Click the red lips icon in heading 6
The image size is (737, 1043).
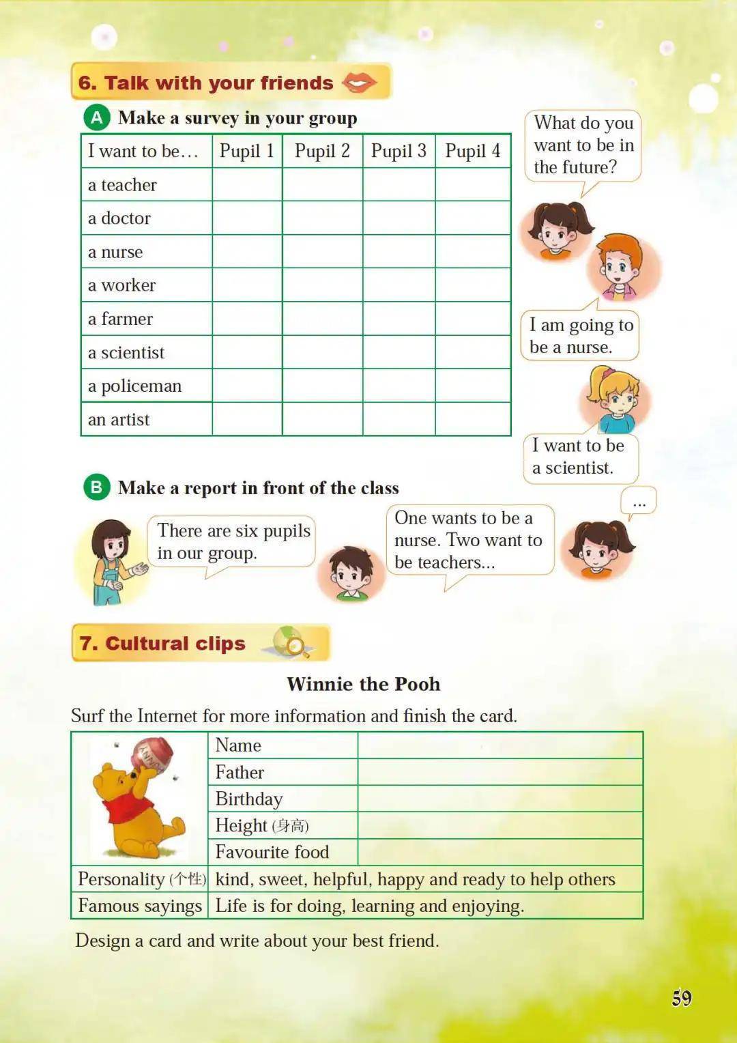[x=359, y=83]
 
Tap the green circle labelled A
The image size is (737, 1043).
[x=97, y=118]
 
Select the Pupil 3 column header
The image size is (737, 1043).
[x=399, y=151]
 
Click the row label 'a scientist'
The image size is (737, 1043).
[x=126, y=352]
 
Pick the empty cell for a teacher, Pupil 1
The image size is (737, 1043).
[x=247, y=184]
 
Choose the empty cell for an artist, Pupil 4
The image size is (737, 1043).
[x=473, y=419]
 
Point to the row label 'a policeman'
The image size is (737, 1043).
[x=134, y=386]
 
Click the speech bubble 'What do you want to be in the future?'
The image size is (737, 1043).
[x=583, y=145]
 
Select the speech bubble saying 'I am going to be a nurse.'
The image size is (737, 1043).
[x=581, y=336]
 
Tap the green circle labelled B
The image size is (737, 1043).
[x=97, y=487]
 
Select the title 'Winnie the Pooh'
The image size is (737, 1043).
[x=363, y=684]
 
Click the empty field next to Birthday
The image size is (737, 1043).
[x=500, y=799]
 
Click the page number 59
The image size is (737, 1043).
[x=681, y=998]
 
